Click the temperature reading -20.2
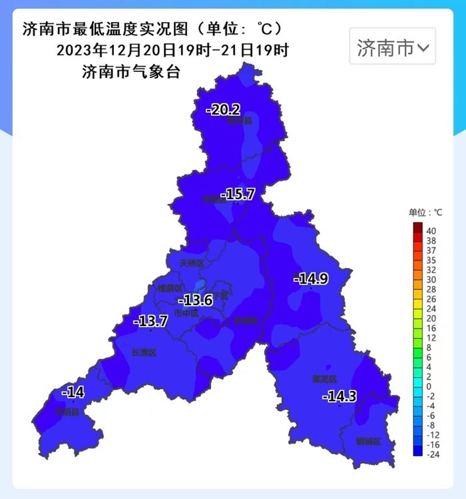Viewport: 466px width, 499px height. point(223,110)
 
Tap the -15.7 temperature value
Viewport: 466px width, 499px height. point(239,194)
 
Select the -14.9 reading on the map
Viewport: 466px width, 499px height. point(311,278)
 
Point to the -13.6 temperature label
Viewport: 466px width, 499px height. point(198,300)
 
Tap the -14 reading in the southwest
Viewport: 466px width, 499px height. point(73,392)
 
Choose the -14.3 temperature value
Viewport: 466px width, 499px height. point(340,396)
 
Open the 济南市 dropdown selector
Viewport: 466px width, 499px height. point(393,47)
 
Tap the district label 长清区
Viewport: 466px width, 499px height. point(143,352)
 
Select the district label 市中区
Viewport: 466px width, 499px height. point(186,313)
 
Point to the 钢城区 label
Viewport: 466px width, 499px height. point(367,441)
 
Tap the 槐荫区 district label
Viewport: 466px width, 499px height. point(169,288)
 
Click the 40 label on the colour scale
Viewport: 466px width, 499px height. point(431,231)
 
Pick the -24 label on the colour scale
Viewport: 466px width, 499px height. point(432,454)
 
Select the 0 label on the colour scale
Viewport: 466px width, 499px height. point(428,386)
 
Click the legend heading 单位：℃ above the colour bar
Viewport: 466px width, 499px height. point(425,213)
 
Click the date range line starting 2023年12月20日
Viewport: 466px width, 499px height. point(172,51)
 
